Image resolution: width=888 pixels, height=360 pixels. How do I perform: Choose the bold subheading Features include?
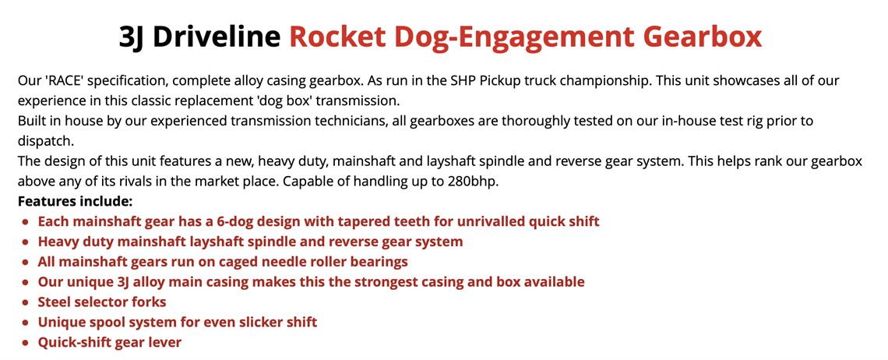coord(74,202)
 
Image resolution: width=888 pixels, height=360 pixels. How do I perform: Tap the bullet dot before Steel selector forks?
coord(26,302)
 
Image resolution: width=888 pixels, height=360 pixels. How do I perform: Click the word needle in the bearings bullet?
coord(273,262)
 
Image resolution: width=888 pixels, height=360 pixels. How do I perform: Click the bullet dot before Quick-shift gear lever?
coord(26,343)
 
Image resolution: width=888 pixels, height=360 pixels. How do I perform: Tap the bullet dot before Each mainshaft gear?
coord(26,222)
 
